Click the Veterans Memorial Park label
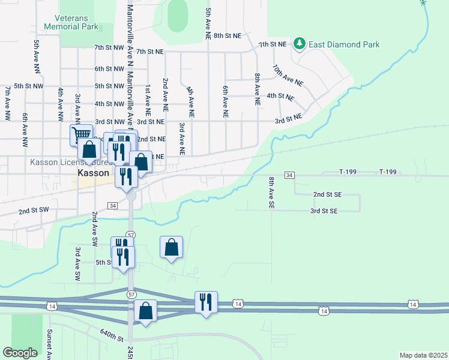pos(71,22)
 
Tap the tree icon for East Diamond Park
pos(299,44)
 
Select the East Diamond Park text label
pos(344,44)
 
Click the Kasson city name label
pos(93,173)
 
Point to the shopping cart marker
pos(81,134)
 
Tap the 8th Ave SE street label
pos(271,193)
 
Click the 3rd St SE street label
pos(324,211)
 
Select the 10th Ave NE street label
pos(288,75)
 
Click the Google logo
pos(20,353)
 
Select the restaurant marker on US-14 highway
pos(206,302)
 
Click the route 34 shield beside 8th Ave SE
pos(289,175)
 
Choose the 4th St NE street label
pos(280,96)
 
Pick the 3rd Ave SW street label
pos(77,264)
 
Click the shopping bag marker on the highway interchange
pos(145,311)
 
